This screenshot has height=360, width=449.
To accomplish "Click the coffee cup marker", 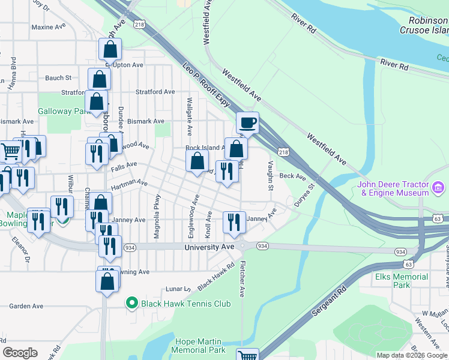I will pos(247,124).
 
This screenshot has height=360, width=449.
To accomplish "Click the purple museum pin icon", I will pos(439,189).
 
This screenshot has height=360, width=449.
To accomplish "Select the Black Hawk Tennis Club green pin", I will pos(131,304).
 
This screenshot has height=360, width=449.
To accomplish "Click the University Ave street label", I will pos(209,247).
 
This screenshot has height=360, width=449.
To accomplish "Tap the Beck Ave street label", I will pos(293,176).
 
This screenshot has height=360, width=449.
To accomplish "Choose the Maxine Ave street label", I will pos(43,27).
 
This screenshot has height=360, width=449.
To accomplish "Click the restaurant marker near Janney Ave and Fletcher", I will pos(234,222).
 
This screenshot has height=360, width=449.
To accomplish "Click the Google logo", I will pos(20,353).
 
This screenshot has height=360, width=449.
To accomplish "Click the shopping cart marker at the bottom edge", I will pos(247,356).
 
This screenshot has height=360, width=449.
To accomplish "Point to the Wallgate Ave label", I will pos(189,116).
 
